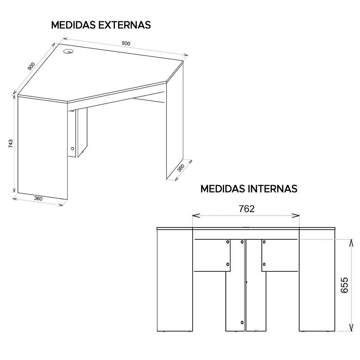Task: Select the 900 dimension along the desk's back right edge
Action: coord(126,43)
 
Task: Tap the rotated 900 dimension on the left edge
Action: coord(31,67)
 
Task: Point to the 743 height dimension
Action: coord(10,144)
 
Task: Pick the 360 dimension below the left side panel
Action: coord(38,198)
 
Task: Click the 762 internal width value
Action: coord(247,209)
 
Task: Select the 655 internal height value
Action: coord(345,285)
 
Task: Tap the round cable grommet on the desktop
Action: coord(68,52)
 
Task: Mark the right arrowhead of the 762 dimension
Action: coord(298,216)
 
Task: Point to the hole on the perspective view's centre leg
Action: coord(72,148)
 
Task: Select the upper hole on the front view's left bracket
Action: coord(228,242)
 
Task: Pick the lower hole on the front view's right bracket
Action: coord(264,265)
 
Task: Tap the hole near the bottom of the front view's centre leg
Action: coord(242,322)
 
